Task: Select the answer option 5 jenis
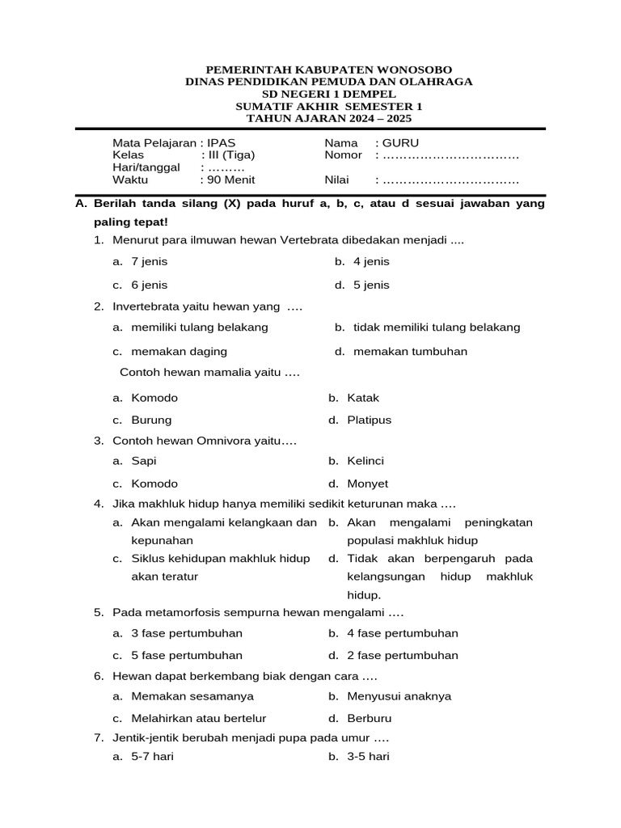371,285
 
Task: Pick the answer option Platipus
369,420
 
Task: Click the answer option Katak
363,398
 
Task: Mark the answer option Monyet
368,484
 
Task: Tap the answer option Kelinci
365,461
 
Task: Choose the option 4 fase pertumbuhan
402,633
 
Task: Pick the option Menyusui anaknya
399,696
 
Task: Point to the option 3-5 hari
368,757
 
